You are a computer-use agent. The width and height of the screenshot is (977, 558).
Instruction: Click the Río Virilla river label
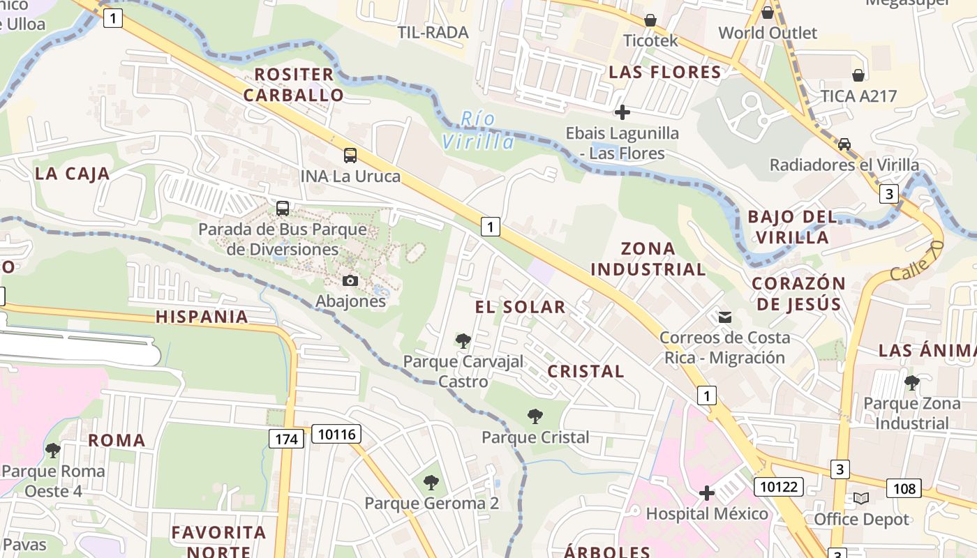coord(478,130)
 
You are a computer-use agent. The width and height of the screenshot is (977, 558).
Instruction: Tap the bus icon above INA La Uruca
coord(350,156)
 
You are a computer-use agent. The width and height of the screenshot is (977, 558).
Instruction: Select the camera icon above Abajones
coord(350,281)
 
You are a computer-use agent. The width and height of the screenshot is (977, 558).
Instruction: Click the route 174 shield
coord(286,439)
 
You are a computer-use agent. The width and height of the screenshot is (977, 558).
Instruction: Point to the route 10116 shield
coord(336,435)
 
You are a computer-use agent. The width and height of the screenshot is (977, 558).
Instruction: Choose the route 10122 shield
coord(778,486)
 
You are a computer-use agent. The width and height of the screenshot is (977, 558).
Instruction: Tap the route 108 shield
coord(904,488)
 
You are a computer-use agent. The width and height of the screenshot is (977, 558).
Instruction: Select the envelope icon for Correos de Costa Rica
coord(725,317)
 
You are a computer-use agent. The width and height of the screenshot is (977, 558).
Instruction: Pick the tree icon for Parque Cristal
coord(535,417)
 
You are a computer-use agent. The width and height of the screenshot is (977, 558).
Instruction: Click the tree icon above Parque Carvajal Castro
coord(463,341)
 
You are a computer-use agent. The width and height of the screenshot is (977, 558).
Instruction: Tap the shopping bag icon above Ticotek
coord(650,20)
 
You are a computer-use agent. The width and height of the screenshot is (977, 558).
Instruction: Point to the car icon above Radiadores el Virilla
coord(844,144)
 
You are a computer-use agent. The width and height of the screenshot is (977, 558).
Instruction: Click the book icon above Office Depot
coord(861,499)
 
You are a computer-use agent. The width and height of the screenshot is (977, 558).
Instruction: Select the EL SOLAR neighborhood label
coord(520,307)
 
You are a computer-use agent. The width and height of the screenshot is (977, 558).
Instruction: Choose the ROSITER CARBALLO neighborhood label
coord(293,84)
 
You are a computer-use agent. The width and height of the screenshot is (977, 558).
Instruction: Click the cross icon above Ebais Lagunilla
coord(622,112)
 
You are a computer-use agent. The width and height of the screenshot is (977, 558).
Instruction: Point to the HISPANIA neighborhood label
coord(202,317)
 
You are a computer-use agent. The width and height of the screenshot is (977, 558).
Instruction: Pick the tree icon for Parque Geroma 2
coord(431,482)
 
